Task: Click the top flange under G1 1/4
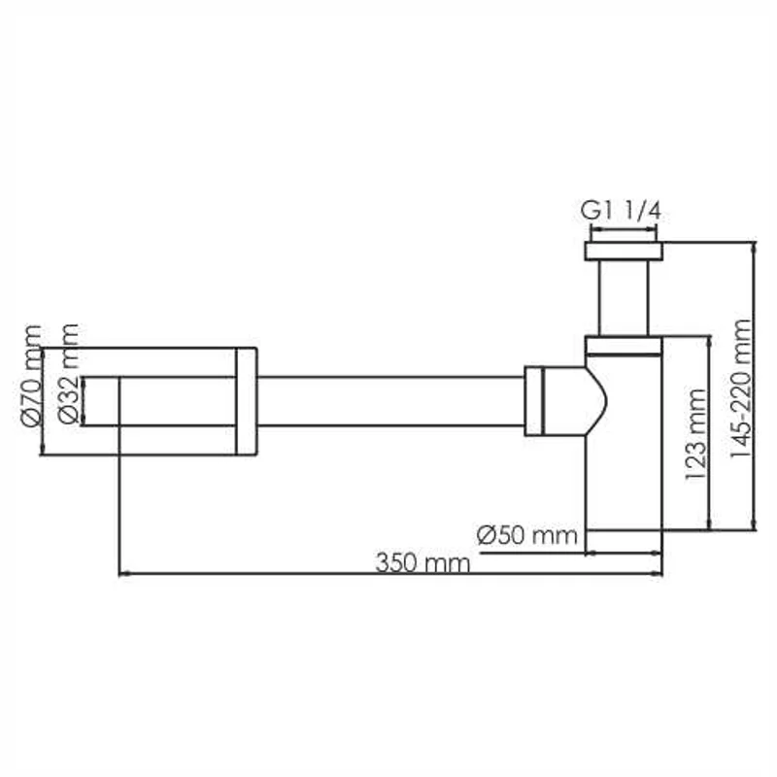click(625, 252)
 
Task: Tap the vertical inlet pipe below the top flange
click(625, 296)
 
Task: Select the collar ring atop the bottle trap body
click(625, 345)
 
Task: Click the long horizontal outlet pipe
click(388, 400)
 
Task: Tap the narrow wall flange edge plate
click(247, 400)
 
